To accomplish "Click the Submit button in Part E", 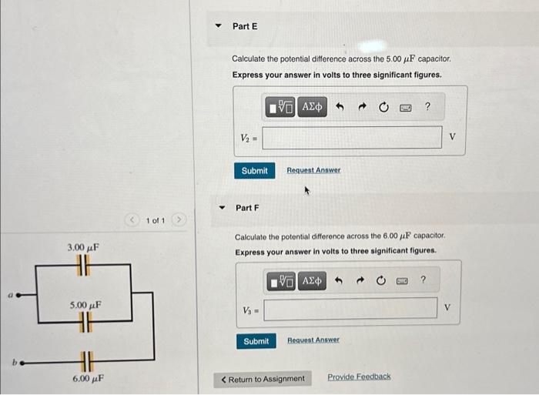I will click(x=254, y=170).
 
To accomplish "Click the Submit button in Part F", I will click(x=256, y=341).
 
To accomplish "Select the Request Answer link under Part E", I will click(x=313, y=170).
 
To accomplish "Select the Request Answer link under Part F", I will click(x=313, y=340).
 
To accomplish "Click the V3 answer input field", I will click(x=350, y=309).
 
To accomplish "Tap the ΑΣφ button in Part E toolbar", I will click(x=313, y=106).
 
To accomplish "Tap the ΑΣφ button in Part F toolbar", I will click(x=312, y=281).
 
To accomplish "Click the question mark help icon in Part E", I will click(x=427, y=106).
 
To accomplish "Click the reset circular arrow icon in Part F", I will click(x=380, y=281).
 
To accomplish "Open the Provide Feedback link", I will click(x=359, y=377).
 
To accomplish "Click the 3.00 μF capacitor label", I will click(x=83, y=247).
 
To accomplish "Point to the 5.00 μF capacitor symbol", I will click(x=85, y=321).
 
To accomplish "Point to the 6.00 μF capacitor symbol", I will click(x=85, y=360).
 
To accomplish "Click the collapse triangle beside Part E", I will click(x=218, y=26).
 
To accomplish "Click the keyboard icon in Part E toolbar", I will click(x=405, y=107).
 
